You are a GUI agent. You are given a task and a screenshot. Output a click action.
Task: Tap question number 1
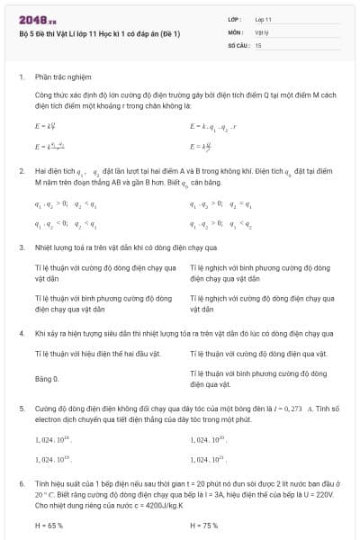point(21,76)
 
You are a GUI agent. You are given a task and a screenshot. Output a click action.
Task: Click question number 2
point(21,169)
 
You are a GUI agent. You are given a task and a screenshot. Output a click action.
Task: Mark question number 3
point(21,247)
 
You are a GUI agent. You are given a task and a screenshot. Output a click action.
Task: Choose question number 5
point(21,408)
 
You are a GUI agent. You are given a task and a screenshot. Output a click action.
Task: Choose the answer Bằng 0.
point(47,380)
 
